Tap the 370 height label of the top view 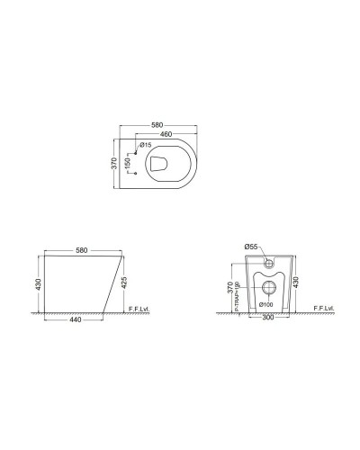112,164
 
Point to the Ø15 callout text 145,145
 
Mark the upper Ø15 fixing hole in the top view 136,152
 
